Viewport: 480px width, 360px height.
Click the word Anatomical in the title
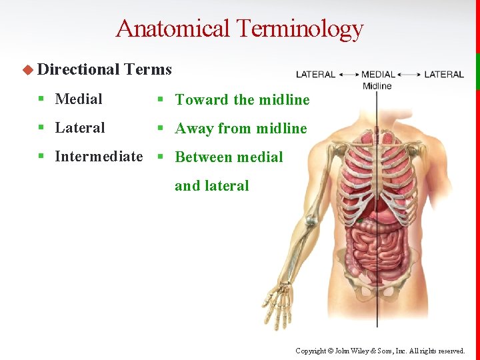(173, 28)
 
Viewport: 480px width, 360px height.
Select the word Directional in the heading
(79, 69)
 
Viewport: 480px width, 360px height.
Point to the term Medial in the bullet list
(79, 99)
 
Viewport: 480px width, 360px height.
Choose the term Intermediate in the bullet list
(99, 157)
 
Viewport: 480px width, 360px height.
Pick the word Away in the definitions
(193, 129)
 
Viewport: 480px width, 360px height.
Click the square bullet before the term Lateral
(41, 128)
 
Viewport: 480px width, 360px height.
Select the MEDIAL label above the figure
(378, 74)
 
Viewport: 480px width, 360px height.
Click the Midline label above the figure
(377, 85)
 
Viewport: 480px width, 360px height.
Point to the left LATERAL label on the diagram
(315, 74)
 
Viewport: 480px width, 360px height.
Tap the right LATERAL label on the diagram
(443, 74)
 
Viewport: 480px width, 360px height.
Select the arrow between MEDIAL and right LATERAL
(409, 74)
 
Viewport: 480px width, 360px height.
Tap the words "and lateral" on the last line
(211, 186)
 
